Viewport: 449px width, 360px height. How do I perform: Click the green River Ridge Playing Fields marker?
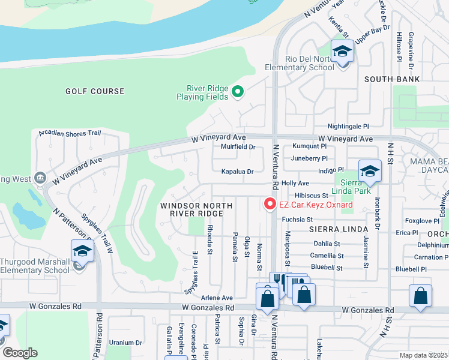(238, 92)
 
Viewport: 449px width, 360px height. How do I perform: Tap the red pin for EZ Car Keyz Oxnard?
(270, 205)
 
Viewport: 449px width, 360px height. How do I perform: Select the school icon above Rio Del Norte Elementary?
(342, 52)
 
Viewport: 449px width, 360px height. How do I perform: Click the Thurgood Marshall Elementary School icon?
(82, 253)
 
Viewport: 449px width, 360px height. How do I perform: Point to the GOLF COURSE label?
(95, 92)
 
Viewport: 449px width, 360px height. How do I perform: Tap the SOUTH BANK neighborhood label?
(392, 79)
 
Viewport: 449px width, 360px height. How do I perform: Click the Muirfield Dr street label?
(238, 146)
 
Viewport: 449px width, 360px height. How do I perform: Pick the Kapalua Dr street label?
(238, 172)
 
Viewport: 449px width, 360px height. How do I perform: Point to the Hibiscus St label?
(312, 196)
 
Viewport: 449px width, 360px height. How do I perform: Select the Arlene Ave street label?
(217, 298)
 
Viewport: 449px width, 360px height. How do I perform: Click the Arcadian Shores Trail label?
(70, 133)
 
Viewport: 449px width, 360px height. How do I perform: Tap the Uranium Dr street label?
(125, 343)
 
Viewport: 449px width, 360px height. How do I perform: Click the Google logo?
(19, 353)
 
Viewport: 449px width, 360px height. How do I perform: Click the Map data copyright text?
(424, 355)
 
